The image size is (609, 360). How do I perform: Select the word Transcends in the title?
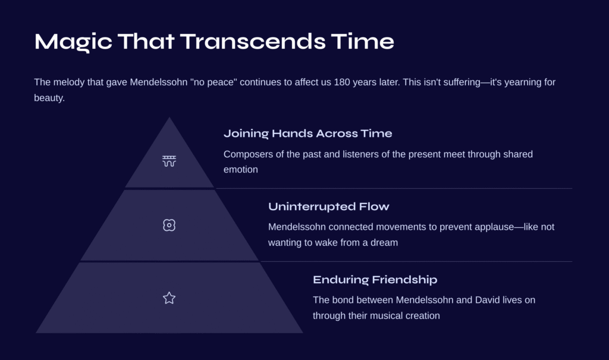tap(253, 41)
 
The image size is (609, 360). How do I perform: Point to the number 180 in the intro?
tap(342, 82)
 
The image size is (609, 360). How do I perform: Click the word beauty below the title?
tap(49, 98)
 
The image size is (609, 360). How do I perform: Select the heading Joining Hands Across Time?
tap(307, 134)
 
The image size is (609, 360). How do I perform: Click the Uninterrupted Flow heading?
tap(328, 206)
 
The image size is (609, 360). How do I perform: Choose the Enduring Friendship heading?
tap(375, 280)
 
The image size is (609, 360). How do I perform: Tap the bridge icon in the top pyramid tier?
tap(169, 161)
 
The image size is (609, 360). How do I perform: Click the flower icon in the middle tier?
tap(169, 225)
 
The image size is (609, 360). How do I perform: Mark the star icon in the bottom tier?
tap(169, 298)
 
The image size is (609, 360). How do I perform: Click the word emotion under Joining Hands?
tap(241, 170)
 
